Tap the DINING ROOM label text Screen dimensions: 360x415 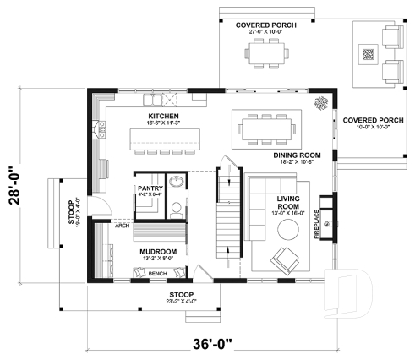(x=296, y=155)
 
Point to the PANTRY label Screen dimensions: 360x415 (x=150, y=188)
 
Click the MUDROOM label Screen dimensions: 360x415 (x=158, y=252)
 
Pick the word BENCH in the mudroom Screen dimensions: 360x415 (x=157, y=274)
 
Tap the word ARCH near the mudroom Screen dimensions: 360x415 (x=122, y=226)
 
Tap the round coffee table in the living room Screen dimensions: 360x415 (x=290, y=231)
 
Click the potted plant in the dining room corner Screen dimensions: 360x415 (x=322, y=104)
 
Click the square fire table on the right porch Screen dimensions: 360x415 (x=367, y=56)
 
